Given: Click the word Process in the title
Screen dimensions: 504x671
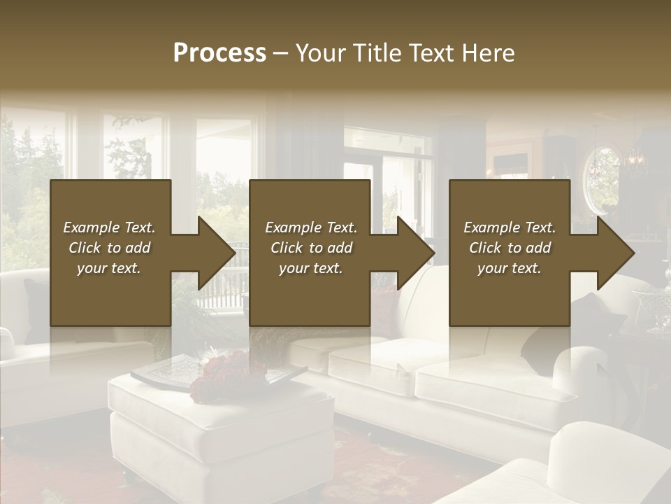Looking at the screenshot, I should pyautogui.click(x=219, y=53).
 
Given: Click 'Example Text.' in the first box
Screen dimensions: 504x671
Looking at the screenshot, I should pyautogui.click(x=109, y=227).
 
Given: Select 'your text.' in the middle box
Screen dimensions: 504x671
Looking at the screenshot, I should pyautogui.click(x=310, y=268).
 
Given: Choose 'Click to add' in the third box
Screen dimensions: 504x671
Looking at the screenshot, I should pyautogui.click(x=510, y=248).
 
